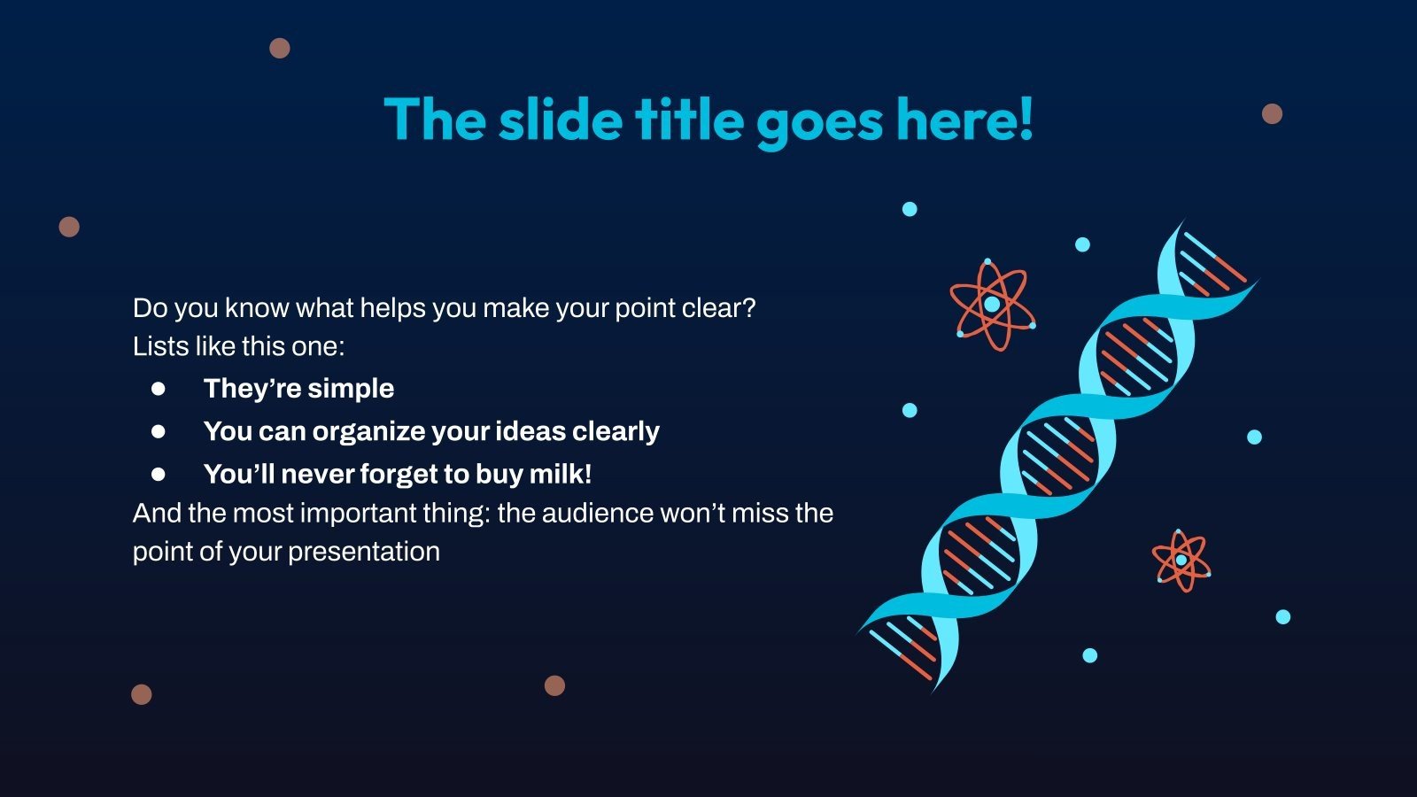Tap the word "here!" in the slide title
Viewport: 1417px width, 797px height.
964,120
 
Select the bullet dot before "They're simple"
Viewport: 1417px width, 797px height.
159,389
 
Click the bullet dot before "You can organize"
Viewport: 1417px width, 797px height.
159,431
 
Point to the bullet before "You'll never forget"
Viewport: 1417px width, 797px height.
159,474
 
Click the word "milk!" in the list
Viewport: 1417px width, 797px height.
561,474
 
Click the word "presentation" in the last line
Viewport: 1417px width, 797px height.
364,553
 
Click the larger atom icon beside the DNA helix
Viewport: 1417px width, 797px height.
993,305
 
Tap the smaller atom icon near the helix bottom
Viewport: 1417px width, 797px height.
1181,561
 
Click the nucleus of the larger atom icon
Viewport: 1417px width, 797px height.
992,305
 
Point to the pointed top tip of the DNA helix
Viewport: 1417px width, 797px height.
1184,221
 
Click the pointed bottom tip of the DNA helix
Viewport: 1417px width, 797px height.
933,693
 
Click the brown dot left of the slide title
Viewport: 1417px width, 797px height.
280,48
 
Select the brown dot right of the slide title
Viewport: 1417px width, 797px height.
1272,114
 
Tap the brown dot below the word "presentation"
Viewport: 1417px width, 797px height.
554,685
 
